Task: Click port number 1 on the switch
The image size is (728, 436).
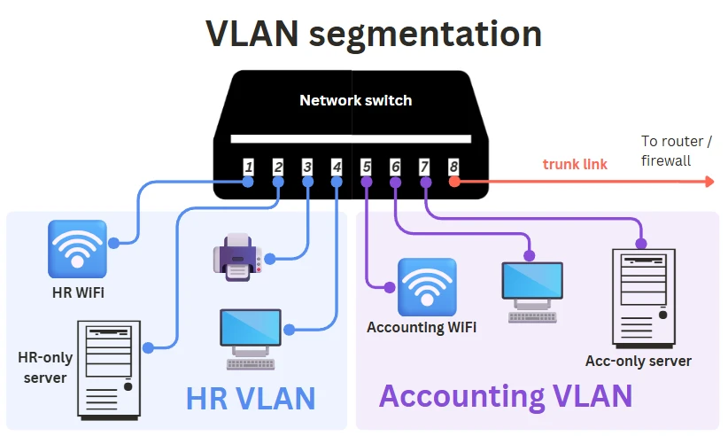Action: click(x=249, y=167)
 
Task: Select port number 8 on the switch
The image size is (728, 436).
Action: click(x=453, y=167)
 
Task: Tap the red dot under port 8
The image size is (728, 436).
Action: click(x=453, y=182)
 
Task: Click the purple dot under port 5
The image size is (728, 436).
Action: click(x=366, y=182)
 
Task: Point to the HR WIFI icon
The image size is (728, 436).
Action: click(x=77, y=249)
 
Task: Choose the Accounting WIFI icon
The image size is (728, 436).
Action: click(x=427, y=287)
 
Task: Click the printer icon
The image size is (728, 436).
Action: click(x=236, y=257)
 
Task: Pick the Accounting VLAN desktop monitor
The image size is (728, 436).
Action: click(x=531, y=286)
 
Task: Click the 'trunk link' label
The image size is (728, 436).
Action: click(x=575, y=164)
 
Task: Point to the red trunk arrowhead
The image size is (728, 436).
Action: click(x=708, y=182)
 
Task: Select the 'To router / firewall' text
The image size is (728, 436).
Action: click(x=677, y=151)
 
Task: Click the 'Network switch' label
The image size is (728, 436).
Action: click(x=355, y=100)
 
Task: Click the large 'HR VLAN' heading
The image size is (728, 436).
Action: click(x=251, y=398)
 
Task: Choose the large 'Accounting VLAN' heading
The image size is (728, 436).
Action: click(x=505, y=395)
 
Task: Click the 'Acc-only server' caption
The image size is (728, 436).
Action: click(x=638, y=361)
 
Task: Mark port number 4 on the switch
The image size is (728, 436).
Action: click(x=337, y=167)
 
